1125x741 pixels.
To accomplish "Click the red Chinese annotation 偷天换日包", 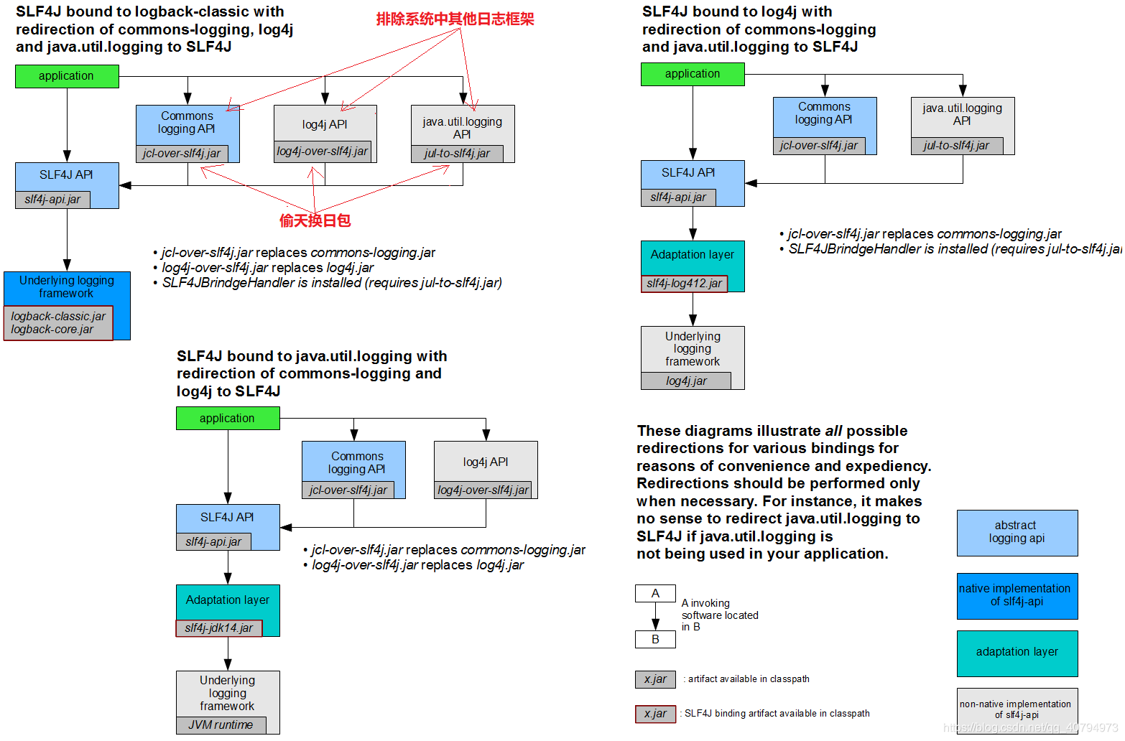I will [x=315, y=220].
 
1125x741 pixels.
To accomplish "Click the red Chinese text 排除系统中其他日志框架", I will [x=455, y=19].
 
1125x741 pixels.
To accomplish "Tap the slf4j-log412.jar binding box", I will [x=684, y=284].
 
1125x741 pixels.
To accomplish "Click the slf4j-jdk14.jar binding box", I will [x=219, y=628].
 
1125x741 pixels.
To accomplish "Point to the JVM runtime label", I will [x=221, y=725].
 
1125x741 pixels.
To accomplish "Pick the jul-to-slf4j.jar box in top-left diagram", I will [x=457, y=154].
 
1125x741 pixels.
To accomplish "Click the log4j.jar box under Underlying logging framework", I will [x=686, y=381].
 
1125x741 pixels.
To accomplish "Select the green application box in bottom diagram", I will [x=228, y=419].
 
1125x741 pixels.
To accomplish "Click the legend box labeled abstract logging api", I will [x=1017, y=533].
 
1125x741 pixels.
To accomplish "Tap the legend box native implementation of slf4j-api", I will [x=1017, y=596].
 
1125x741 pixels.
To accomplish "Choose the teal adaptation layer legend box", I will [x=1017, y=653].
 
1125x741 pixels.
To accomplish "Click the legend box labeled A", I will [x=655, y=594].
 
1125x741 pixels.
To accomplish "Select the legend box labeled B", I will [x=655, y=640].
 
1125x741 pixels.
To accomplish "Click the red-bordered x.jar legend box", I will [x=655, y=714].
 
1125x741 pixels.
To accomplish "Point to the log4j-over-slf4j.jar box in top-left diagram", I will [x=323, y=152].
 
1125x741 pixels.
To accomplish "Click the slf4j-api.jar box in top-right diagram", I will [x=678, y=197].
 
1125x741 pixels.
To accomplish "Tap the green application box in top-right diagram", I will [x=693, y=74].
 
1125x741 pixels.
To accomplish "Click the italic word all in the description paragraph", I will [x=833, y=431].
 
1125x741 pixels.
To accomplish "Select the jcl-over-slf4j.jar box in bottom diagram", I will [x=348, y=490].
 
